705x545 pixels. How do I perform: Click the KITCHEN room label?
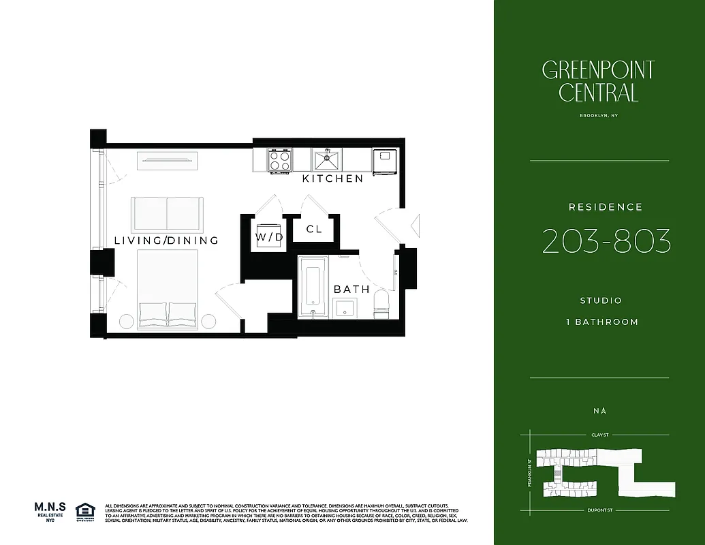tap(332, 178)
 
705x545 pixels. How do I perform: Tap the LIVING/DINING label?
tap(166, 240)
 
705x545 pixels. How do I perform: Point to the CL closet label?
tap(314, 229)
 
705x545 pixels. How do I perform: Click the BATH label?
tap(351, 290)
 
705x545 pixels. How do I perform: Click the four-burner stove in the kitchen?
tap(279, 161)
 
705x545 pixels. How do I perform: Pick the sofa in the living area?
tap(167, 213)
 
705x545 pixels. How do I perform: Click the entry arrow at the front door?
tap(416, 224)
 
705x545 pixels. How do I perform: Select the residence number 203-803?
tap(606, 242)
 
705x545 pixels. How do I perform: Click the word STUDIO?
tap(601, 300)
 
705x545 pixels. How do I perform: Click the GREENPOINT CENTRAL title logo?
tap(599, 80)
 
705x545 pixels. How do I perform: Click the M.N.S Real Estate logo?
tap(50, 510)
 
